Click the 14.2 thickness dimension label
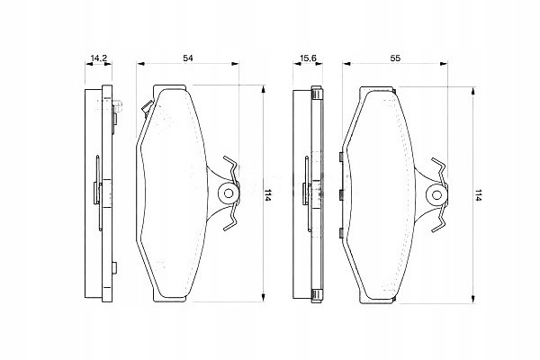pos(99,58)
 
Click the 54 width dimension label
pos(188,58)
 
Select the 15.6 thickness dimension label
pos(308,58)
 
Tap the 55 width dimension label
pos(395,58)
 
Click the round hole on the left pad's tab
pos(229,193)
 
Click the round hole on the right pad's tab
pos(436,195)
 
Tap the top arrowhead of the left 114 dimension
pos(263,89)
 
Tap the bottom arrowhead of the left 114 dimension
pos(263,298)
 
